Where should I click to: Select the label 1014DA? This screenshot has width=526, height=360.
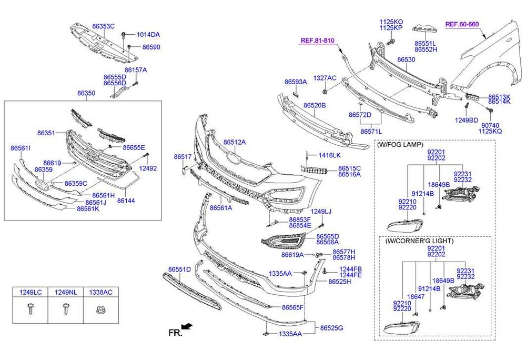click(148, 35)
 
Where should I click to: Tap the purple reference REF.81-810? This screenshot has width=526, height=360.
click(318, 41)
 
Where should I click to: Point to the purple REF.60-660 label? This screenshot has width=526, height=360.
click(462, 24)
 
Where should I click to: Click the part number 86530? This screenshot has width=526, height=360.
click(406, 60)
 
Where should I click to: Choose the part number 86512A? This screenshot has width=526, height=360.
click(234, 142)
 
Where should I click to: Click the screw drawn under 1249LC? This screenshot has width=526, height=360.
click(30, 309)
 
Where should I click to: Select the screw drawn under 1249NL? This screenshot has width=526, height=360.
click(66, 309)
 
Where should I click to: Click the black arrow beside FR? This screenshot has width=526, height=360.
click(187, 327)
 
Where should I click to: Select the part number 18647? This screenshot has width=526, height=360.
click(416, 297)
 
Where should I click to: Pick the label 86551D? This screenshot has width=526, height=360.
click(179, 269)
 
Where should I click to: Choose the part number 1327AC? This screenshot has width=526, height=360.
click(325, 78)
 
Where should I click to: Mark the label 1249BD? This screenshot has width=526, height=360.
click(467, 119)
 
